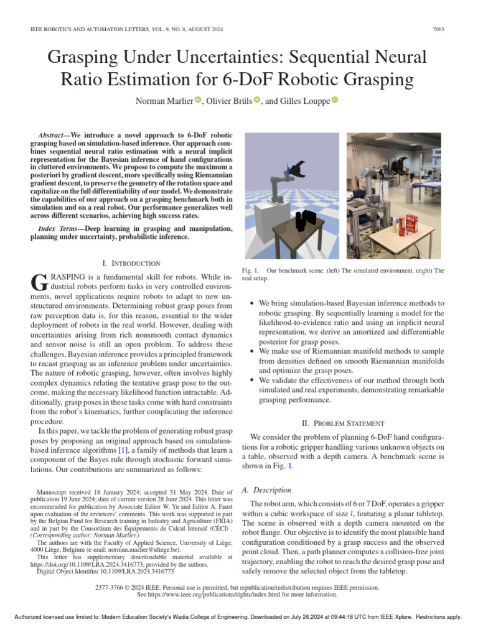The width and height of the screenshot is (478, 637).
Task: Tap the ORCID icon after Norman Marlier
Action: click(199, 100)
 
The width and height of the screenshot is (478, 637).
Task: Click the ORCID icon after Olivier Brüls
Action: click(256, 100)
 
